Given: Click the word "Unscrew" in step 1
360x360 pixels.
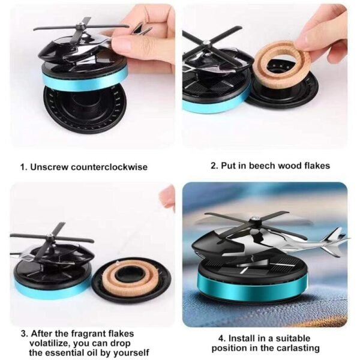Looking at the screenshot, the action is tap(49, 167).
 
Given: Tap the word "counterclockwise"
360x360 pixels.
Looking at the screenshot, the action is tap(109, 167).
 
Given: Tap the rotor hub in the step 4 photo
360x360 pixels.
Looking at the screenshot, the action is tap(254, 220).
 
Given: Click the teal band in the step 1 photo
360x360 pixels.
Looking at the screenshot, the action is tap(85, 79).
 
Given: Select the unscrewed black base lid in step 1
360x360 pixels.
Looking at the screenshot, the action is tap(85, 108).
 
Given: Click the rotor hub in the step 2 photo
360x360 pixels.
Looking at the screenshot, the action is tap(206, 43).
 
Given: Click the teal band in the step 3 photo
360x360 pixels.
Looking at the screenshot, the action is tap(53, 289).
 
